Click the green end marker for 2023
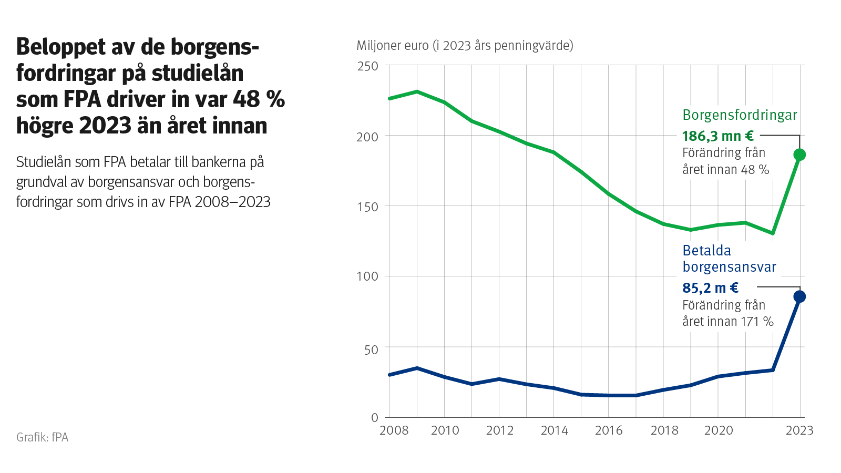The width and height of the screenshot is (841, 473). (x=799, y=155)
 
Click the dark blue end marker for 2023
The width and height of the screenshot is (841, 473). (x=799, y=297)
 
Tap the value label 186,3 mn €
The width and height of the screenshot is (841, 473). (x=718, y=136)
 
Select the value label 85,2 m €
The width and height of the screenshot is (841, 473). (x=711, y=288)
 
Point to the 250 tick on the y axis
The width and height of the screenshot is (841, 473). (x=367, y=66)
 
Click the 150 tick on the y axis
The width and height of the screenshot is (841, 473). (x=367, y=207)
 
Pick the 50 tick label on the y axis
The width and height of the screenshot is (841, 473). (x=371, y=349)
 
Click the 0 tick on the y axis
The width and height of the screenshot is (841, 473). (x=374, y=418)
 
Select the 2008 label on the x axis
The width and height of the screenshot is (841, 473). (x=394, y=430)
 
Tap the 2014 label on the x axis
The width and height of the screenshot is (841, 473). (x=554, y=430)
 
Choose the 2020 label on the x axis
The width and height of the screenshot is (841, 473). (x=718, y=430)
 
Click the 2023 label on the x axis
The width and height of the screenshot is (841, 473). (x=799, y=430)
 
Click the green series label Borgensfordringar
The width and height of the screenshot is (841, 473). (x=740, y=115)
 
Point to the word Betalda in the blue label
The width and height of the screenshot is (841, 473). (x=706, y=251)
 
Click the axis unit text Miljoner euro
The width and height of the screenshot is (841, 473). (x=392, y=46)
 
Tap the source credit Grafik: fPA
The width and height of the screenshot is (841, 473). (x=42, y=437)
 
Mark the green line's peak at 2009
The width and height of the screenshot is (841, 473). (x=417, y=91)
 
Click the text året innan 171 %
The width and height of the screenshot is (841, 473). (x=727, y=322)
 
